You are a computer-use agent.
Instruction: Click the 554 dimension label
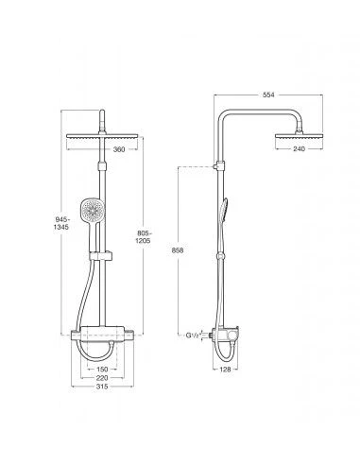tap(268, 95)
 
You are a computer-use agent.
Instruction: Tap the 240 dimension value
tap(299, 148)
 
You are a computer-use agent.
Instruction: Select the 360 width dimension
tap(119, 149)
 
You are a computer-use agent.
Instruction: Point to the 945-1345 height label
tap(61, 223)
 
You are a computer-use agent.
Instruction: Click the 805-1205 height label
tap(144, 237)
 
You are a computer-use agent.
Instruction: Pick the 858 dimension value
tap(177, 250)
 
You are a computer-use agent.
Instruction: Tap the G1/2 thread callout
tap(193, 336)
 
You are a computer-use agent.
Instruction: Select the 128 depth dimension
tap(225, 369)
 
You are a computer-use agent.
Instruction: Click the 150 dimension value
tap(102, 369)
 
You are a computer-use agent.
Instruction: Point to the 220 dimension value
tap(102, 378)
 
